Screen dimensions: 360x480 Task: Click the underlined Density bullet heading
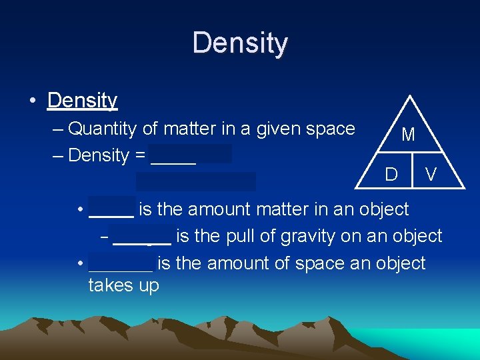point(82,101)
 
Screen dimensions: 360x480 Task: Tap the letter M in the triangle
point(409,135)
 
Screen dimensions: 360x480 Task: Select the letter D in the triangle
point(391,175)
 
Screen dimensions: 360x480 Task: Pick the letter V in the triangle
point(431,175)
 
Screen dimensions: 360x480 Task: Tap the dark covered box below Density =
point(196,181)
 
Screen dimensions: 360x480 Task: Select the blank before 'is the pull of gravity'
point(141,238)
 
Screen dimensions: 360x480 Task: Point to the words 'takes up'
point(123,286)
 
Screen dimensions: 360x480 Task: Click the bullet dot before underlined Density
point(32,101)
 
